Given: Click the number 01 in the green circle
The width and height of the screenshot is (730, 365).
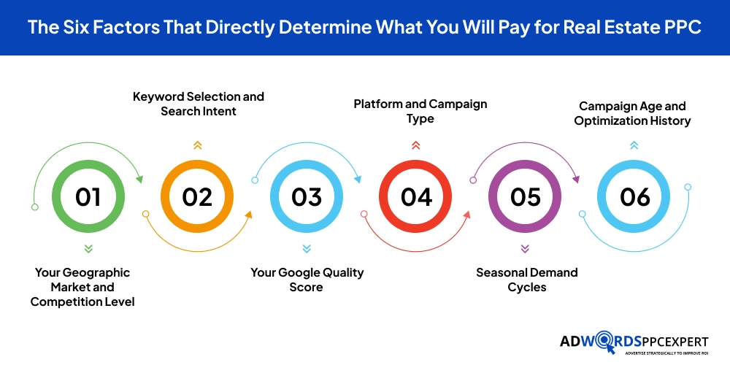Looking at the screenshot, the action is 88,197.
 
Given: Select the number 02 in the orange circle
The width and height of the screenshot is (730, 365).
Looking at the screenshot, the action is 197,197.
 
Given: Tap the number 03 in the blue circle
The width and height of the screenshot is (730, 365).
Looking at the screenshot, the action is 307,197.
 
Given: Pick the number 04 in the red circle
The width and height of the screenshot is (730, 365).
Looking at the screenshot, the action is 416,197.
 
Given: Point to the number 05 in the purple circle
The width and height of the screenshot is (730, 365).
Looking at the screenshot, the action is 525,197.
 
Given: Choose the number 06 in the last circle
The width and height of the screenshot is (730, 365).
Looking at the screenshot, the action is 634,197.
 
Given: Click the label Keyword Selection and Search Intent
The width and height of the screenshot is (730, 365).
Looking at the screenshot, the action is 199,104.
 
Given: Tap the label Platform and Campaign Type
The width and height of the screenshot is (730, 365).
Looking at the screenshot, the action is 420,111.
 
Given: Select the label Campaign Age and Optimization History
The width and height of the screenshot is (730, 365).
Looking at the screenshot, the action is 632,114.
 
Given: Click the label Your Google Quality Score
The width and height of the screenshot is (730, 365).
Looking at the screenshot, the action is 307,280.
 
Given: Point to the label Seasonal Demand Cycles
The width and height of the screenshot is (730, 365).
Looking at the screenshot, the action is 526,280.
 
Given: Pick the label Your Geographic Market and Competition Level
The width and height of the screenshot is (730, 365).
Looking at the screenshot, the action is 82,287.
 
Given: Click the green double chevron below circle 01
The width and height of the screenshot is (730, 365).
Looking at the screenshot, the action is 88,249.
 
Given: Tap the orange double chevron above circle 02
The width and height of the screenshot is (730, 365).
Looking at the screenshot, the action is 197,145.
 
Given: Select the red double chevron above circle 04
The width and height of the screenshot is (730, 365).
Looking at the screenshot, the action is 416,145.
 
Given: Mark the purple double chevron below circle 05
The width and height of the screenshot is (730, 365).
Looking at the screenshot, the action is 525,249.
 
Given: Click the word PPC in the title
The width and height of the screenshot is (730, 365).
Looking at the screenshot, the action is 682,27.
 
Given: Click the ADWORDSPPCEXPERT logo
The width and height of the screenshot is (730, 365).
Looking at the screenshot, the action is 634,345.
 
